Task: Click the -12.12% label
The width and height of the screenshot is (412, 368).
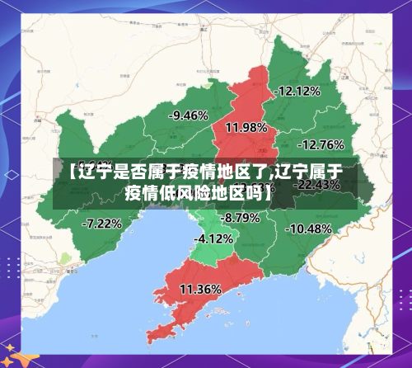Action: tap(297, 92)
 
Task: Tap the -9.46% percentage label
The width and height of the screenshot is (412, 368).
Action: tap(188, 116)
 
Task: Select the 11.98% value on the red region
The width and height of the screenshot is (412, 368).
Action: tap(246, 127)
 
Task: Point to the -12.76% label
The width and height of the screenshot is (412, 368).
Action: tap(321, 144)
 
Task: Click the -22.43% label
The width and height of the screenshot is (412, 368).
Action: tap(317, 185)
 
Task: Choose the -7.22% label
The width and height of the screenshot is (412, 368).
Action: tap(102, 223)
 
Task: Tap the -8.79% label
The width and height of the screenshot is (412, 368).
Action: tap(241, 218)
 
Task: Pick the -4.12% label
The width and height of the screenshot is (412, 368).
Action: tap(213, 238)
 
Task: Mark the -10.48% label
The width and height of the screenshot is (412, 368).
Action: tap(310, 228)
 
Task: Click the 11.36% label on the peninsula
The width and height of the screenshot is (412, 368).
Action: tap(200, 289)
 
